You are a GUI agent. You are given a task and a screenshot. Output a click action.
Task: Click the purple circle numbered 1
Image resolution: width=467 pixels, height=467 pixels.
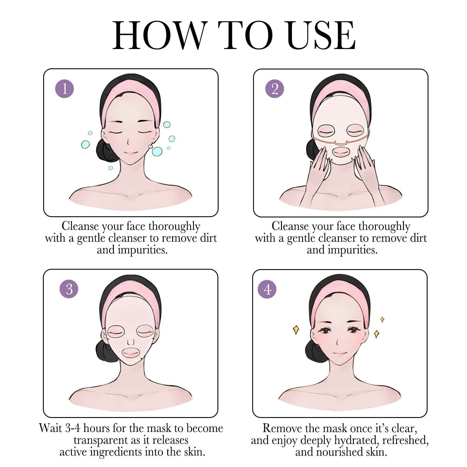[65, 88]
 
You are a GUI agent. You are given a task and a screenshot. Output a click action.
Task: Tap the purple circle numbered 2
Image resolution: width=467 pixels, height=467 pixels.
[274, 88]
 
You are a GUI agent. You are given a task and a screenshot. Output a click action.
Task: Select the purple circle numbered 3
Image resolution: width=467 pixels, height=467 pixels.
[69, 289]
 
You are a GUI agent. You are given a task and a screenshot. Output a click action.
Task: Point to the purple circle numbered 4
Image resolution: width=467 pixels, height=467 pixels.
[267, 289]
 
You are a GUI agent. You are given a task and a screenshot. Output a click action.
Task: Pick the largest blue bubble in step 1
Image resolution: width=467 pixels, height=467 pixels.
[157, 151]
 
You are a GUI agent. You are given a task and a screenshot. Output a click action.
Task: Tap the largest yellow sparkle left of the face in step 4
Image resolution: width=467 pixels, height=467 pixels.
[296, 330]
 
